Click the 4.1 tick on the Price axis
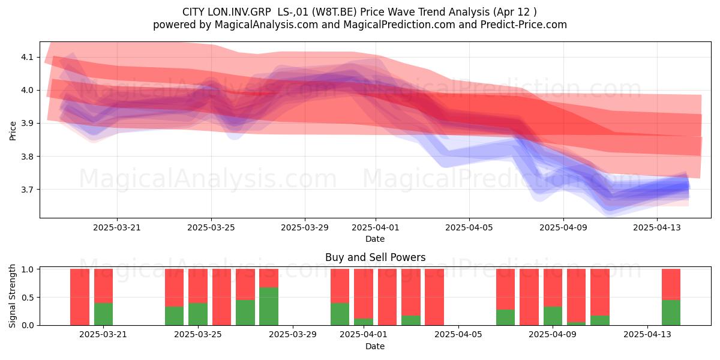(x=27, y=57)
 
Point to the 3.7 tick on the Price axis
(x=27, y=190)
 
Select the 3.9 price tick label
(x=27, y=124)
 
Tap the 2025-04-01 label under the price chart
(x=376, y=227)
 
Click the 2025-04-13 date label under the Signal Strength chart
(x=647, y=335)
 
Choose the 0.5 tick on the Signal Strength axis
(x=28, y=298)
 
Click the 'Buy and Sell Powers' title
(x=375, y=257)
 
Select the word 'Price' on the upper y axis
(x=13, y=131)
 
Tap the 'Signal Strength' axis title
(x=12, y=296)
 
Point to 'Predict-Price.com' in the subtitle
(x=524, y=25)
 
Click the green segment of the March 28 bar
(x=269, y=306)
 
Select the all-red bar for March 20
(x=80, y=297)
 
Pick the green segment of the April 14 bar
(x=671, y=313)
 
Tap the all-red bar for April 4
(x=434, y=297)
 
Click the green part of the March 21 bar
(x=103, y=314)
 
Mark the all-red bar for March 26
(x=221, y=297)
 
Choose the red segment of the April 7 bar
(x=505, y=289)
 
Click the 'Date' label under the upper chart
(x=375, y=239)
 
